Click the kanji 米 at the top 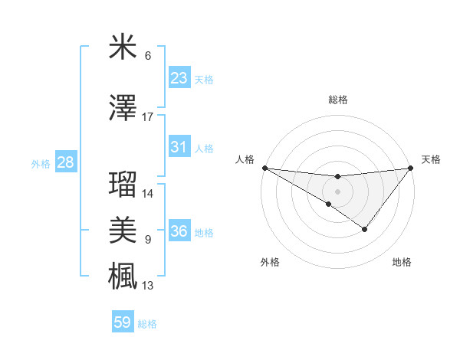tap(123, 47)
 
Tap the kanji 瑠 tap(123, 185)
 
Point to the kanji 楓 tap(123, 274)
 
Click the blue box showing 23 tap(179, 78)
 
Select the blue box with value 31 tap(179, 147)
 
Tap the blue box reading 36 tap(179, 231)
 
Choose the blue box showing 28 tap(65, 162)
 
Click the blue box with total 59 tap(123, 322)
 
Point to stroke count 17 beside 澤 tap(148, 117)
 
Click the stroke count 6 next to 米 tap(148, 56)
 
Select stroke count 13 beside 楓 tap(148, 286)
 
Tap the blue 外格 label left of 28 tap(41, 163)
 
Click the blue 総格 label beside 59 tap(147, 324)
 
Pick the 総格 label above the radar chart tap(337, 100)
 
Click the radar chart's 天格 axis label tap(432, 159)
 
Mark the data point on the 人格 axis tap(264, 167)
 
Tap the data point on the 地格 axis tap(365, 229)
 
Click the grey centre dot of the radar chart tap(337, 191)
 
